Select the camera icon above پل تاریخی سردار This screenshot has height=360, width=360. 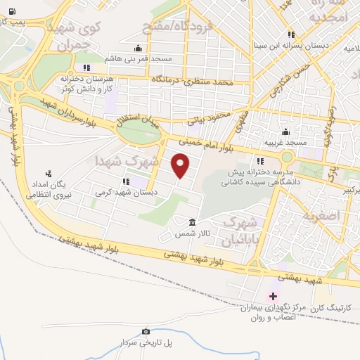pyautogui.click(x=146, y=331)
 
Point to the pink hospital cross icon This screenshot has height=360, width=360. pyautogui.click(x=273, y=296)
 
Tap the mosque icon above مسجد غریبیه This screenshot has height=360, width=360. pyautogui.click(x=285, y=131)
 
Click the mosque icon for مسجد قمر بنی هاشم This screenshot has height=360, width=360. pyautogui.click(x=138, y=49)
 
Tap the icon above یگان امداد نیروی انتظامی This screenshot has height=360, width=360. pyautogui.click(x=49, y=173)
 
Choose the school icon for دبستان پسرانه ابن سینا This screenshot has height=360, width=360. pyautogui.click(x=290, y=36)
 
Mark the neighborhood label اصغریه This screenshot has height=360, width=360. pyautogui.click(x=322, y=214)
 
